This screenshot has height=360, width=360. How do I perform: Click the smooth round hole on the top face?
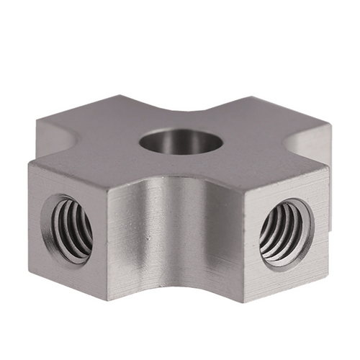[181, 141]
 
